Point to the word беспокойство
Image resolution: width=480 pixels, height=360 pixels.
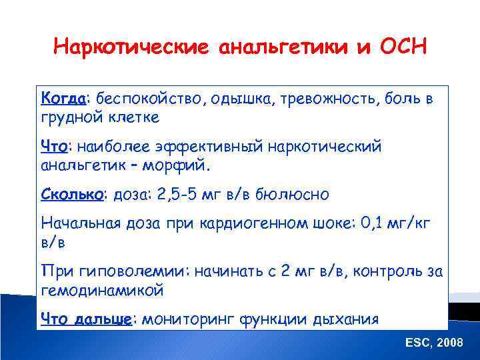pyautogui.click(x=151, y=99)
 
